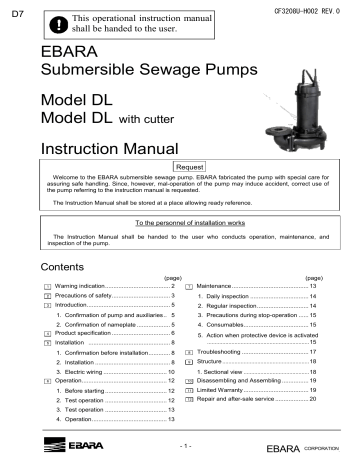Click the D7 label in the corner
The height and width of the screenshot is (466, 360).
(9, 13)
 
